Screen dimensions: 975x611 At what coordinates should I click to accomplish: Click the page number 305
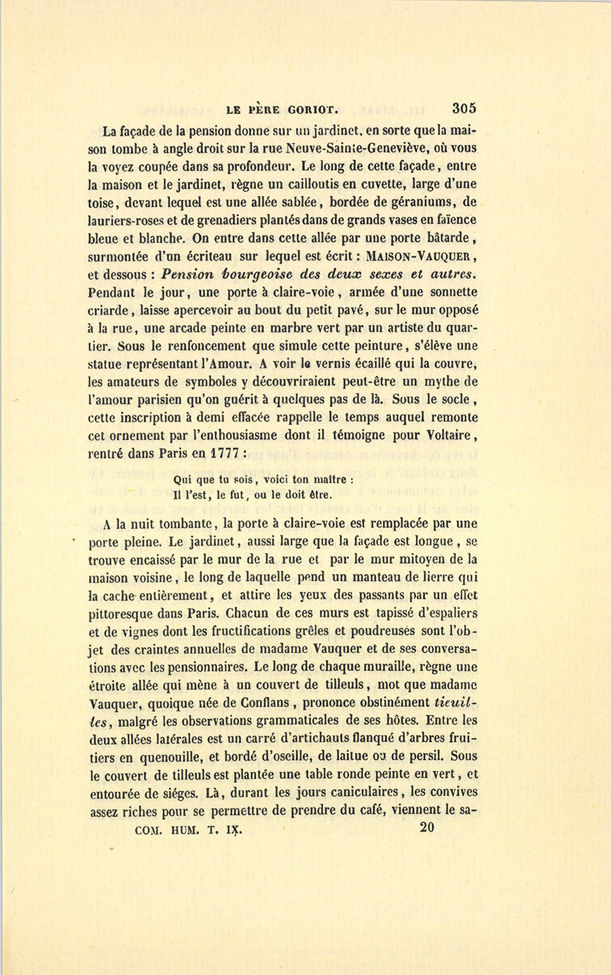[x=464, y=108]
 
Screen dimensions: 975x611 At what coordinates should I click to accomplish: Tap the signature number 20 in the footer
[x=427, y=828]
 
